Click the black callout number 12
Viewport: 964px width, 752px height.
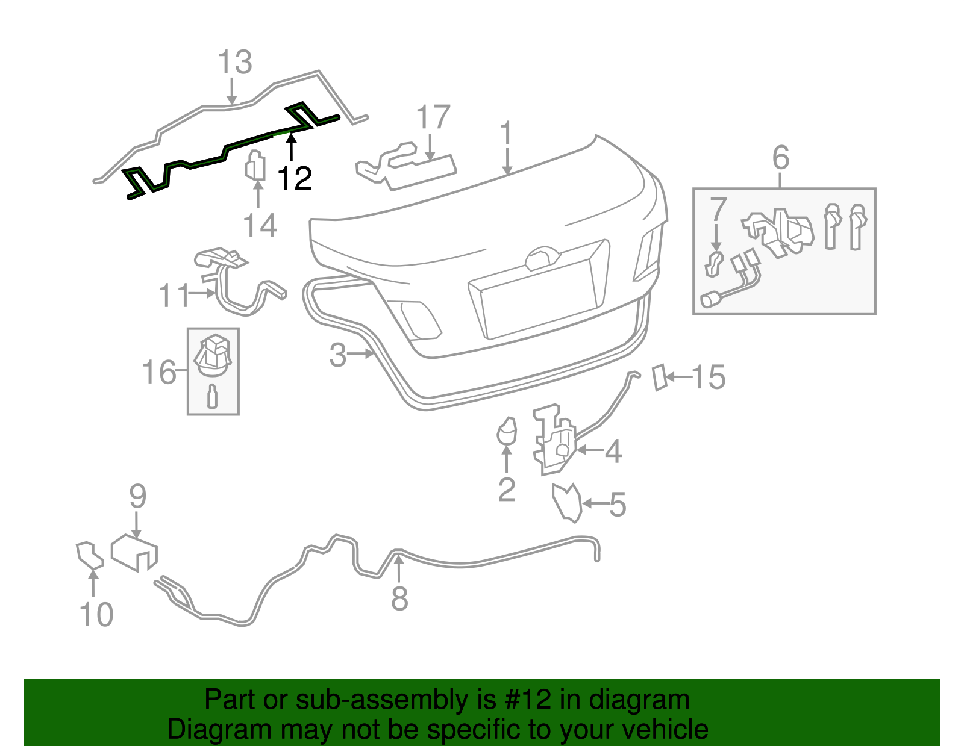coord(295,179)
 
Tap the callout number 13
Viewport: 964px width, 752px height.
coord(234,63)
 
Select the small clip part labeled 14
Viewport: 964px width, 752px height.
coord(255,166)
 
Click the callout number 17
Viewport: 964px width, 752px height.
coord(433,117)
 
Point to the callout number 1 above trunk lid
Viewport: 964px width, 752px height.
coord(507,134)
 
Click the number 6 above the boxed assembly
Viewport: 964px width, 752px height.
coord(780,158)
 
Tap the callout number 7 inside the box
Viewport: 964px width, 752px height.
coord(718,210)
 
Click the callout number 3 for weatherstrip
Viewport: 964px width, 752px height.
coord(337,355)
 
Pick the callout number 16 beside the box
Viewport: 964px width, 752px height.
coord(159,373)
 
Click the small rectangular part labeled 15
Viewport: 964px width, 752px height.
coord(660,378)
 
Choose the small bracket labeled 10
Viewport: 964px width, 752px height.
coord(89,556)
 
